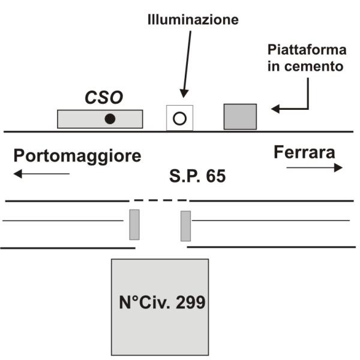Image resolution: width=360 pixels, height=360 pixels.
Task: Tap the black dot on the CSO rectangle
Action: point(110,119)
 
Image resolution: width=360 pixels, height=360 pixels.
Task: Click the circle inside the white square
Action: point(179,118)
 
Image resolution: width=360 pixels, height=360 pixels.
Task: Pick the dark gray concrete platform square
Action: point(240,116)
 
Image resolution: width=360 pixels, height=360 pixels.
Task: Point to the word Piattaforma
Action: point(307,50)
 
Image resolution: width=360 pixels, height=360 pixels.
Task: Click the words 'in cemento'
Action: point(307,67)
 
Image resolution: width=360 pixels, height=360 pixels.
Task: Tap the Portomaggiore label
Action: point(78,156)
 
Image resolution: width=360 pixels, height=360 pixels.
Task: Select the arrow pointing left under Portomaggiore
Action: point(41,174)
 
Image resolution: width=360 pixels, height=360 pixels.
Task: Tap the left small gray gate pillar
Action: point(134,225)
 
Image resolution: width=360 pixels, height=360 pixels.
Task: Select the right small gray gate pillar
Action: point(186,226)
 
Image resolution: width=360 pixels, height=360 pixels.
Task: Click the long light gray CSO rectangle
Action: point(78,119)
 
